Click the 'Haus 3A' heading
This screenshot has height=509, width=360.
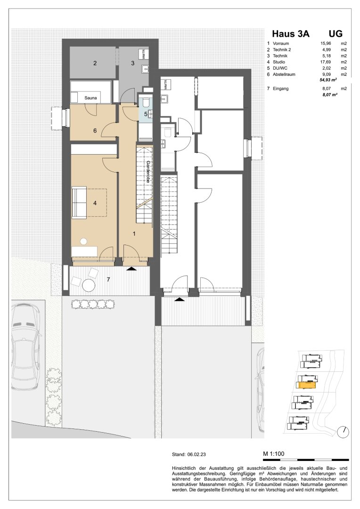(291, 34)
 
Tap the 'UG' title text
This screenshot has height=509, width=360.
(335, 34)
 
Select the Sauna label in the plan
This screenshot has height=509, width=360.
(90, 98)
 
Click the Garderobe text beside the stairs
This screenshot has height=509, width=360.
(148, 172)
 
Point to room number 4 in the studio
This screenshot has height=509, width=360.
(95, 203)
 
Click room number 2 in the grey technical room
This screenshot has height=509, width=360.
(95, 63)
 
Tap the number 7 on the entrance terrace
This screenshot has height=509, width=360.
(109, 279)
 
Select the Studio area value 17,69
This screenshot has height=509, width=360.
(326, 62)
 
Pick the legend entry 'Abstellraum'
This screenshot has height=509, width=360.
(284, 74)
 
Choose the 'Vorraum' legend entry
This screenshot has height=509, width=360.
(281, 43)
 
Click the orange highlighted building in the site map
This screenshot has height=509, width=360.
(306, 386)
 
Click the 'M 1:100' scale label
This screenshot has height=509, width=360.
(274, 454)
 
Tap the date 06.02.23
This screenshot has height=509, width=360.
(196, 455)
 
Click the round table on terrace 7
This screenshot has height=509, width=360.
(88, 285)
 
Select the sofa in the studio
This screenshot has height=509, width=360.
(79, 203)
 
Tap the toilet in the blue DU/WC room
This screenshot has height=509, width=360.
(146, 101)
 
